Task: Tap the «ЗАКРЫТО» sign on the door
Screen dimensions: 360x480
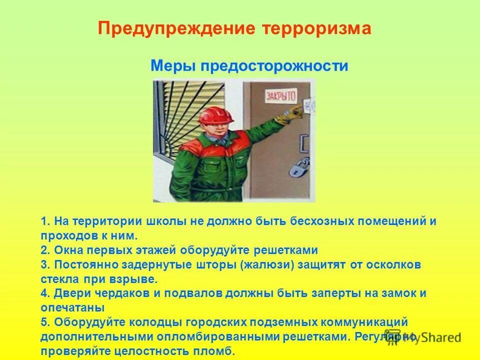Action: (x=280, y=95)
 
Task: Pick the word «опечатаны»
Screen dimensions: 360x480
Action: (x=72, y=307)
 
